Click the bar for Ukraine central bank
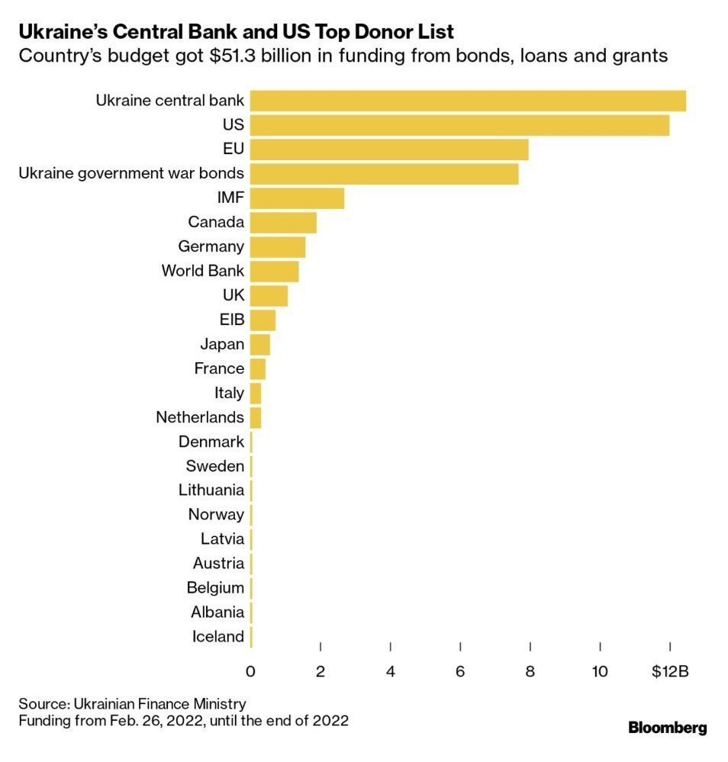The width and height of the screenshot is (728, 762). (468, 101)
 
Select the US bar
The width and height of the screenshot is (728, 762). (459, 125)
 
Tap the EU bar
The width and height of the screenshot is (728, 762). (389, 150)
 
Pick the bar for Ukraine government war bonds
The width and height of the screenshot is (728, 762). (384, 174)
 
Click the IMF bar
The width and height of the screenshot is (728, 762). (297, 198)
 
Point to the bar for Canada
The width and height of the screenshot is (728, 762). (283, 223)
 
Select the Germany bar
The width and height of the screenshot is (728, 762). (278, 247)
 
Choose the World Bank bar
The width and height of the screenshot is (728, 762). (274, 271)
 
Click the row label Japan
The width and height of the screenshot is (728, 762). (222, 344)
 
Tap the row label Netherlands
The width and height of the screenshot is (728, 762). (200, 417)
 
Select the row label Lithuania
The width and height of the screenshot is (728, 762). (211, 490)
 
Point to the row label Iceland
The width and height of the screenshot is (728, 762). (218, 636)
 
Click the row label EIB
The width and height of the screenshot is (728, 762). (231, 320)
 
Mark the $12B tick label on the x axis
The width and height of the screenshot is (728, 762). (670, 671)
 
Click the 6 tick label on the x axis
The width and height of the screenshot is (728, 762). (460, 671)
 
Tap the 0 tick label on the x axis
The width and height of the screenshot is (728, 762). (250, 671)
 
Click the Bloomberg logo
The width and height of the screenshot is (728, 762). (667, 728)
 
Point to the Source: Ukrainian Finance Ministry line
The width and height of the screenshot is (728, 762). (132, 703)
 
